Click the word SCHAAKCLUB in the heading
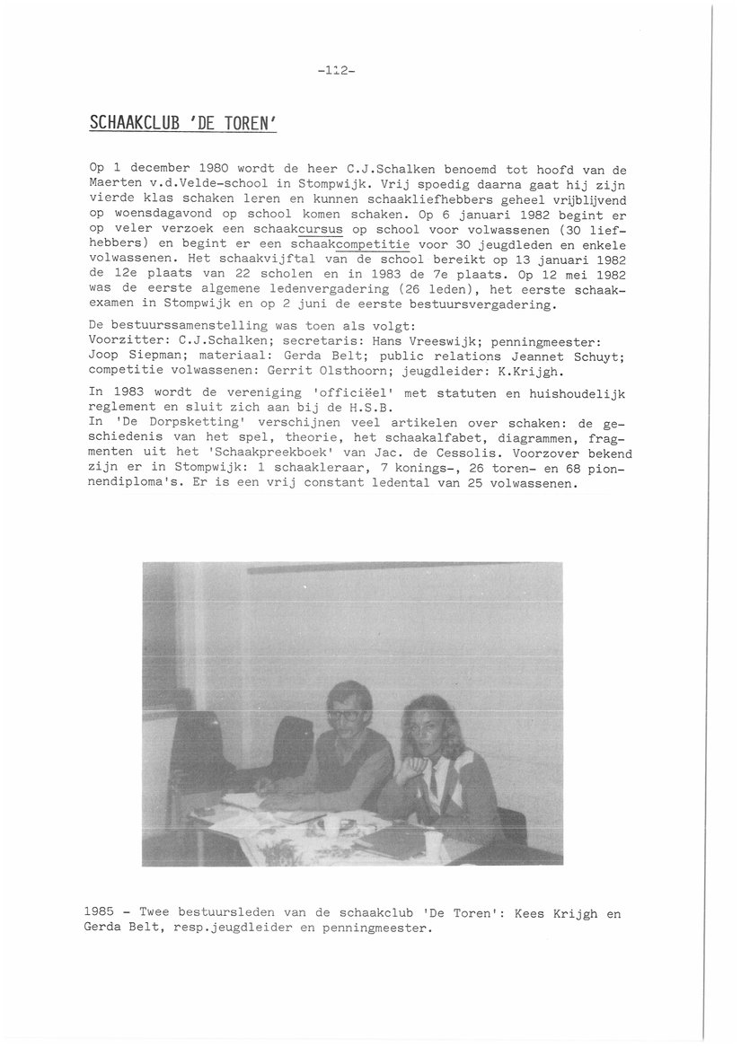(x=137, y=122)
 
